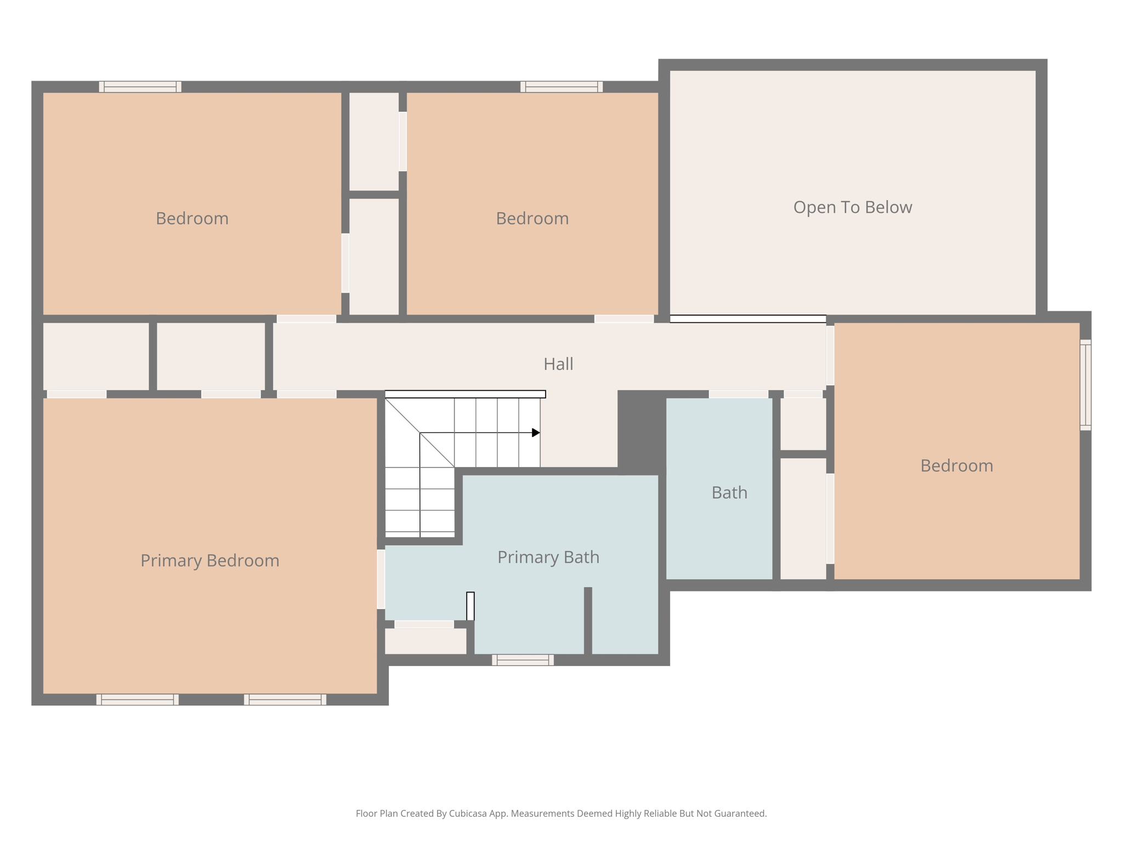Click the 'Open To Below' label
852,207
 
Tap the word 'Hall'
558,364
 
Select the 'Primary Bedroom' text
209,560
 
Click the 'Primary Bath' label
548,557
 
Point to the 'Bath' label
729,492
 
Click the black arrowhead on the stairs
536,433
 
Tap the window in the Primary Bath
523,660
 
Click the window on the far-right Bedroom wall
1085,385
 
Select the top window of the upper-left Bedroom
140,87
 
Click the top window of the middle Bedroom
561,87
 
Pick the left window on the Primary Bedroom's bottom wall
138,699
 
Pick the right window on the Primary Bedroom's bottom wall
285,699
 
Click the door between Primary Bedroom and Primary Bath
381,579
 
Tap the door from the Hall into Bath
738,394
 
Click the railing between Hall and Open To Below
747,318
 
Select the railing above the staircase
465,394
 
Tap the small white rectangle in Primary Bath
470,606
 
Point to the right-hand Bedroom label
956,465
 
